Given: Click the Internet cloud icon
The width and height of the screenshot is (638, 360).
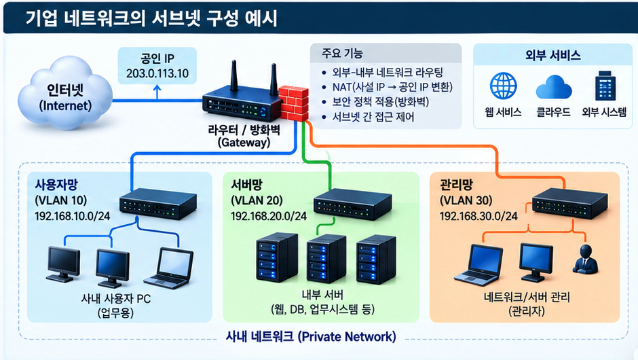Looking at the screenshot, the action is (65, 93).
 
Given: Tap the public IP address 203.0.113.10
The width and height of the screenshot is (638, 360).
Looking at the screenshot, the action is (157, 73).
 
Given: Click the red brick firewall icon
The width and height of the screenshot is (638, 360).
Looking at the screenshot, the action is (293, 103).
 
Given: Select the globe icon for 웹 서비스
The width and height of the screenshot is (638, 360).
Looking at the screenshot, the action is (504, 86).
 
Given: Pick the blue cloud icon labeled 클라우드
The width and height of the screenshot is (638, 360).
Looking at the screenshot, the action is (553, 87).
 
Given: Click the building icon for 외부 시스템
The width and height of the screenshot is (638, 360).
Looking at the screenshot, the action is (605, 86).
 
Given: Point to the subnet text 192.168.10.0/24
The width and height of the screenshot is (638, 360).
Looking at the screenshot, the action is (73, 216).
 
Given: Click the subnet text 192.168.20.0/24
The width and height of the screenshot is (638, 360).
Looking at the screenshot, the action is (269, 216).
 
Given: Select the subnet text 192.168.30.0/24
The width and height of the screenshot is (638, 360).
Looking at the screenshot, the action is (478, 216).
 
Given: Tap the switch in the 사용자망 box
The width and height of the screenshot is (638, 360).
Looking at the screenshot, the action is (158, 203).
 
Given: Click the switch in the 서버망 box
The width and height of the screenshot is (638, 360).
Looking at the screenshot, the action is (352, 204).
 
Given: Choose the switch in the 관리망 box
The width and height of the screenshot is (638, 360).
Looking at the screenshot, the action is (570, 203).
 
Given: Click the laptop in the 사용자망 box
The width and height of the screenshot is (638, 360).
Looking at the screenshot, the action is (169, 268).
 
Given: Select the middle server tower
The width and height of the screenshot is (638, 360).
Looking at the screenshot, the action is (326, 259).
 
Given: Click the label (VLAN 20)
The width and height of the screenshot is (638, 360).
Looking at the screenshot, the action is (257, 200).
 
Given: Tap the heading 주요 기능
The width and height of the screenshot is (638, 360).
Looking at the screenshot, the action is (342, 54).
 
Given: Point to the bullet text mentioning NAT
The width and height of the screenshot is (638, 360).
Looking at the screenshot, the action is (392, 87).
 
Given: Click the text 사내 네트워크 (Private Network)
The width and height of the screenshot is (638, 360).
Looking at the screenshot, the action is (311, 336).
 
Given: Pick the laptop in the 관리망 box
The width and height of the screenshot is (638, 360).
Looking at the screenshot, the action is (478, 265).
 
